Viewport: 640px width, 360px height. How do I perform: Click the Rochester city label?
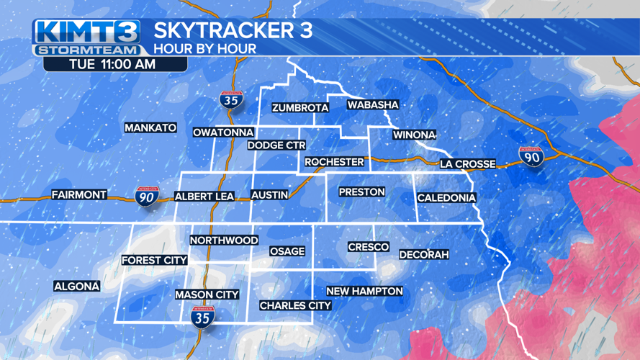point(334,162)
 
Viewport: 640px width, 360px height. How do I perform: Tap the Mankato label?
point(150,128)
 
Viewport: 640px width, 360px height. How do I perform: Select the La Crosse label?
point(468,164)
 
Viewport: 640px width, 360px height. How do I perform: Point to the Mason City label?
point(207,294)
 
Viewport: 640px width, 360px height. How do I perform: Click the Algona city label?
point(77,287)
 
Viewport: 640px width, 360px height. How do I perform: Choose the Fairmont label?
point(79,194)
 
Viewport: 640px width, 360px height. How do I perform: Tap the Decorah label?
point(424,255)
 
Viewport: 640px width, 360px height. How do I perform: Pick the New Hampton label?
point(364,291)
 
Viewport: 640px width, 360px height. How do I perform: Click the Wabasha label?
point(373,105)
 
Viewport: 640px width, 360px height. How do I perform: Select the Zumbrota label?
point(299,108)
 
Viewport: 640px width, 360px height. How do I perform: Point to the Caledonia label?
point(446,198)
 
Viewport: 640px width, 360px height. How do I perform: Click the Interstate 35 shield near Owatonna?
point(230,100)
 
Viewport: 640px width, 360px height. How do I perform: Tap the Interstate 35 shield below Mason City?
point(202,318)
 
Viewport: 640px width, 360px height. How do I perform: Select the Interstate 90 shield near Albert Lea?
point(147,195)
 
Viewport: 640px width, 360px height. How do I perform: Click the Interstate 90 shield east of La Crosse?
point(531,156)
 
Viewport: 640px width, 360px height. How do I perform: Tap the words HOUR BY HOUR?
point(204,49)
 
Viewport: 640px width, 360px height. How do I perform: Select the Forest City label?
point(154,261)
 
